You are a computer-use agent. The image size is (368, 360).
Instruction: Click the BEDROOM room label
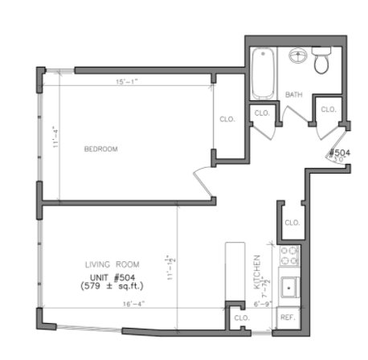(101, 149)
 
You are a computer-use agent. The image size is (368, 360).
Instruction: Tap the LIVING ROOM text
(112, 264)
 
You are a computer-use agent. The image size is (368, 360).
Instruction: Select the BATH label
(293, 95)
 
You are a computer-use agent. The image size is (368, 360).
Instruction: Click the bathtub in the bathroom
(263, 74)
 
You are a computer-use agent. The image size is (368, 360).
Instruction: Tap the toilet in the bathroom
(323, 62)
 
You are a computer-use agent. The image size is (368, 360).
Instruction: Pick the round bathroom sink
(297, 58)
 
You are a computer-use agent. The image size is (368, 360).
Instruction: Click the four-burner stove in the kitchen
(288, 256)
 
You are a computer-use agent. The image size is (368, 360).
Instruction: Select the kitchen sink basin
(288, 286)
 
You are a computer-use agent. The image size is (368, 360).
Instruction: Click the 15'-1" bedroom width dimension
(129, 82)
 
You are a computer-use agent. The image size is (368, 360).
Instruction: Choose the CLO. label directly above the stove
(292, 222)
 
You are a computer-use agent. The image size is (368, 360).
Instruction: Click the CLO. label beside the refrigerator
(241, 317)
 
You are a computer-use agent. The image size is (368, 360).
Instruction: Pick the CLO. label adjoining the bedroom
(227, 119)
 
